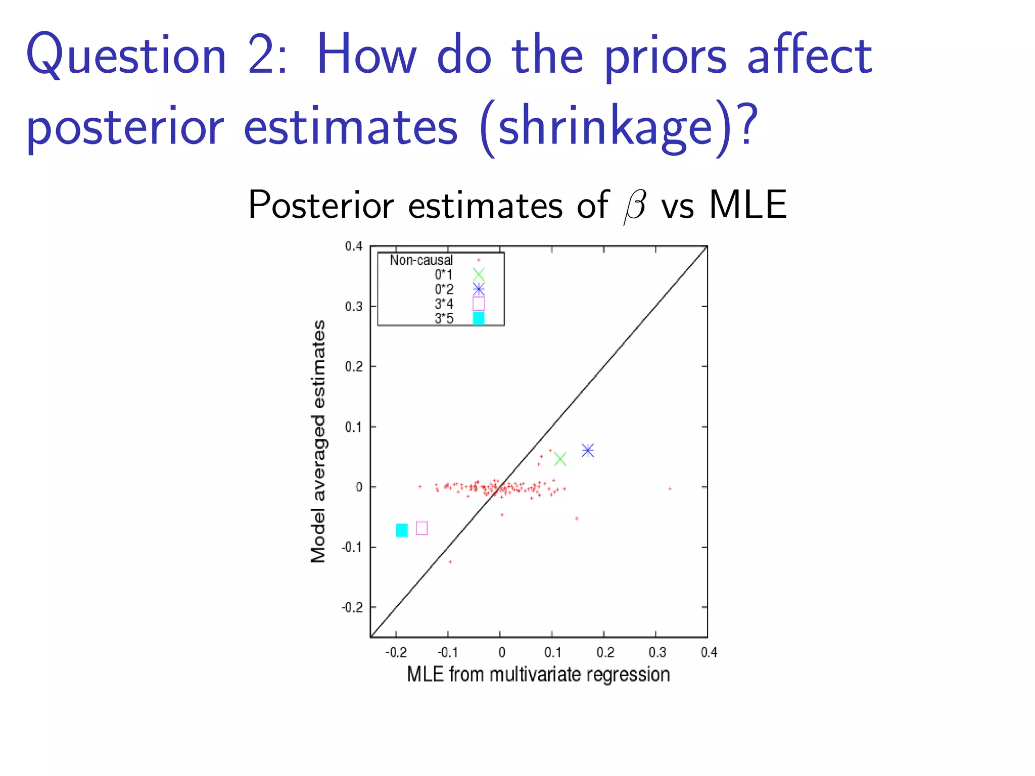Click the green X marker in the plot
559,459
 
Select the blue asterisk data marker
587,450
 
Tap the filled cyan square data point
402,530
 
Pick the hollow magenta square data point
422,528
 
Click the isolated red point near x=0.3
670,489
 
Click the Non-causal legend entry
421,260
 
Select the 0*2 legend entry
444,289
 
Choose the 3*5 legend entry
444,319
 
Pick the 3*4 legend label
444,304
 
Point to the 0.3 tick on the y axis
354,307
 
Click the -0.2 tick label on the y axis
352,607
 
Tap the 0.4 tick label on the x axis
709,653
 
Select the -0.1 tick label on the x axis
448,653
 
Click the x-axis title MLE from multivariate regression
538,674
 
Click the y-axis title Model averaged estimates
318,441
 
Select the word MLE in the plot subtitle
747,205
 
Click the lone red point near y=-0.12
450,562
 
